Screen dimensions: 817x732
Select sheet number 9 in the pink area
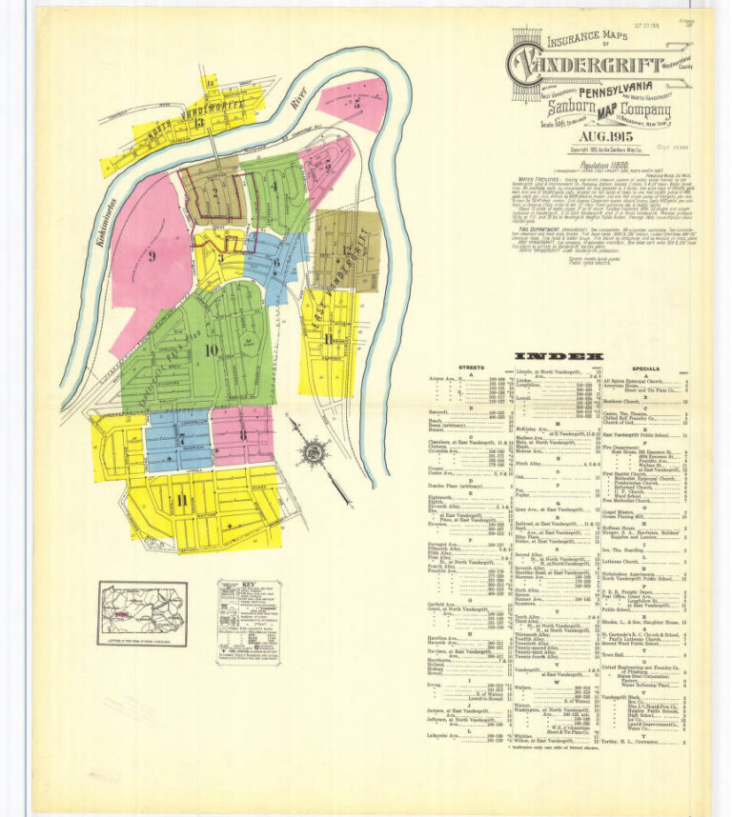pyautogui.click(x=152, y=255)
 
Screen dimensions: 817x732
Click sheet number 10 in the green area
pyautogui.click(x=210, y=349)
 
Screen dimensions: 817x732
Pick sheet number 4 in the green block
pyautogui.click(x=275, y=187)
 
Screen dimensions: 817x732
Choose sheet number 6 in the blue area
pyautogui.click(x=275, y=261)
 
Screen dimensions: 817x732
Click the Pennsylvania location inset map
pyautogui.click(x=142, y=613)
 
